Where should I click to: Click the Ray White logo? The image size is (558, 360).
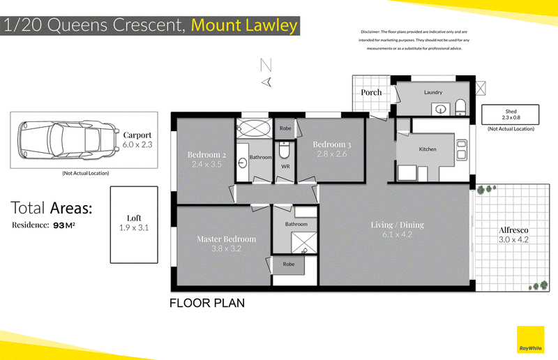pyautogui.click(x=530, y=340)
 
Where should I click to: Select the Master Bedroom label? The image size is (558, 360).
pyautogui.click(x=226, y=239)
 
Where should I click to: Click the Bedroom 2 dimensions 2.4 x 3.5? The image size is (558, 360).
pyautogui.click(x=206, y=164)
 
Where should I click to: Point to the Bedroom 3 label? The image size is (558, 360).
pyautogui.click(x=332, y=144)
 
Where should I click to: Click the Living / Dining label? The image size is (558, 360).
pyautogui.click(x=397, y=225)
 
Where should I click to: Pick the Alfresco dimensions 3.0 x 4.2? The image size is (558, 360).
pyautogui.click(x=513, y=239)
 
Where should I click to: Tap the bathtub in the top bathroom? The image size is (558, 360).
pyautogui.click(x=254, y=128)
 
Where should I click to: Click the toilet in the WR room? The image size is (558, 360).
pyautogui.click(x=285, y=150)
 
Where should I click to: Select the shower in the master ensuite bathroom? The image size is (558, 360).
pyautogui.click(x=304, y=243)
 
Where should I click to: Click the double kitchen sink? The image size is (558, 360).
pyautogui.click(x=462, y=150)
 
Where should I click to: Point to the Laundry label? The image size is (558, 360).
pyautogui.click(x=433, y=92)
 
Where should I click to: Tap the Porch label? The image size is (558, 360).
pyautogui.click(x=371, y=92)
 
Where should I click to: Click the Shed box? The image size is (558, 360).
pyautogui.click(x=511, y=114)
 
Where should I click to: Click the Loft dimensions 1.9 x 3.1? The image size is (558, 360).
pyautogui.click(x=134, y=227)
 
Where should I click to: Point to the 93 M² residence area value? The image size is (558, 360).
pyautogui.click(x=64, y=225)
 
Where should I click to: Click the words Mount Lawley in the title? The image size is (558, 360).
pyautogui.click(x=244, y=25)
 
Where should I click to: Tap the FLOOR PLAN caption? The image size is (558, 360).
pyautogui.click(x=207, y=303)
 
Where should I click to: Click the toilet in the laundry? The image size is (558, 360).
pyautogui.click(x=460, y=107)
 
